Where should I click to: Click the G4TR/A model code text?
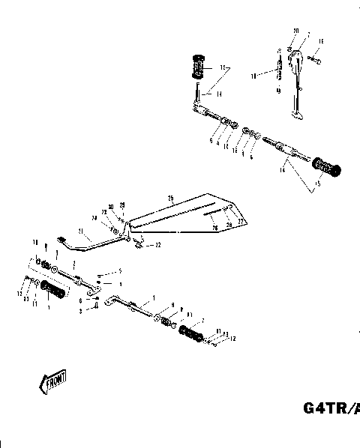[x=331, y=408]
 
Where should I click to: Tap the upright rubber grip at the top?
[x=199, y=67]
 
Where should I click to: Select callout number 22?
[x=159, y=245]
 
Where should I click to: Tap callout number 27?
[x=241, y=222]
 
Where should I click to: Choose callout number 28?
[x=228, y=223]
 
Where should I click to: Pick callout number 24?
[x=95, y=218]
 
